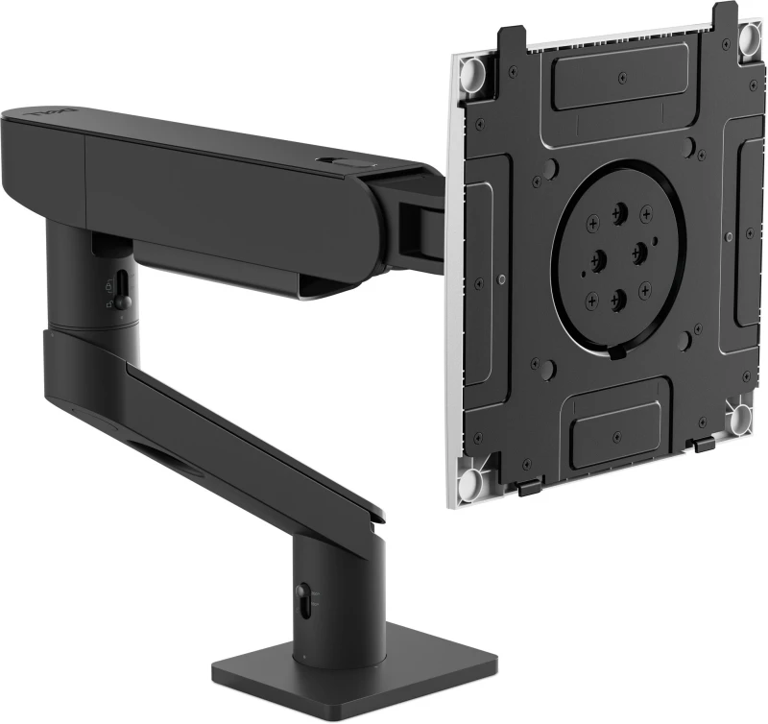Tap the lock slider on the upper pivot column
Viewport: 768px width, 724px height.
coord(123,284)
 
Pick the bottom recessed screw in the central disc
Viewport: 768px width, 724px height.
coord(619,297)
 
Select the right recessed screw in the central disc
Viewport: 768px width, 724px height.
coord(638,253)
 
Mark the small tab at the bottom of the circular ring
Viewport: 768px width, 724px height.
coord(616,352)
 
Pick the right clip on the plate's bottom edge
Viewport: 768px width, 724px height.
coord(705,446)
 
